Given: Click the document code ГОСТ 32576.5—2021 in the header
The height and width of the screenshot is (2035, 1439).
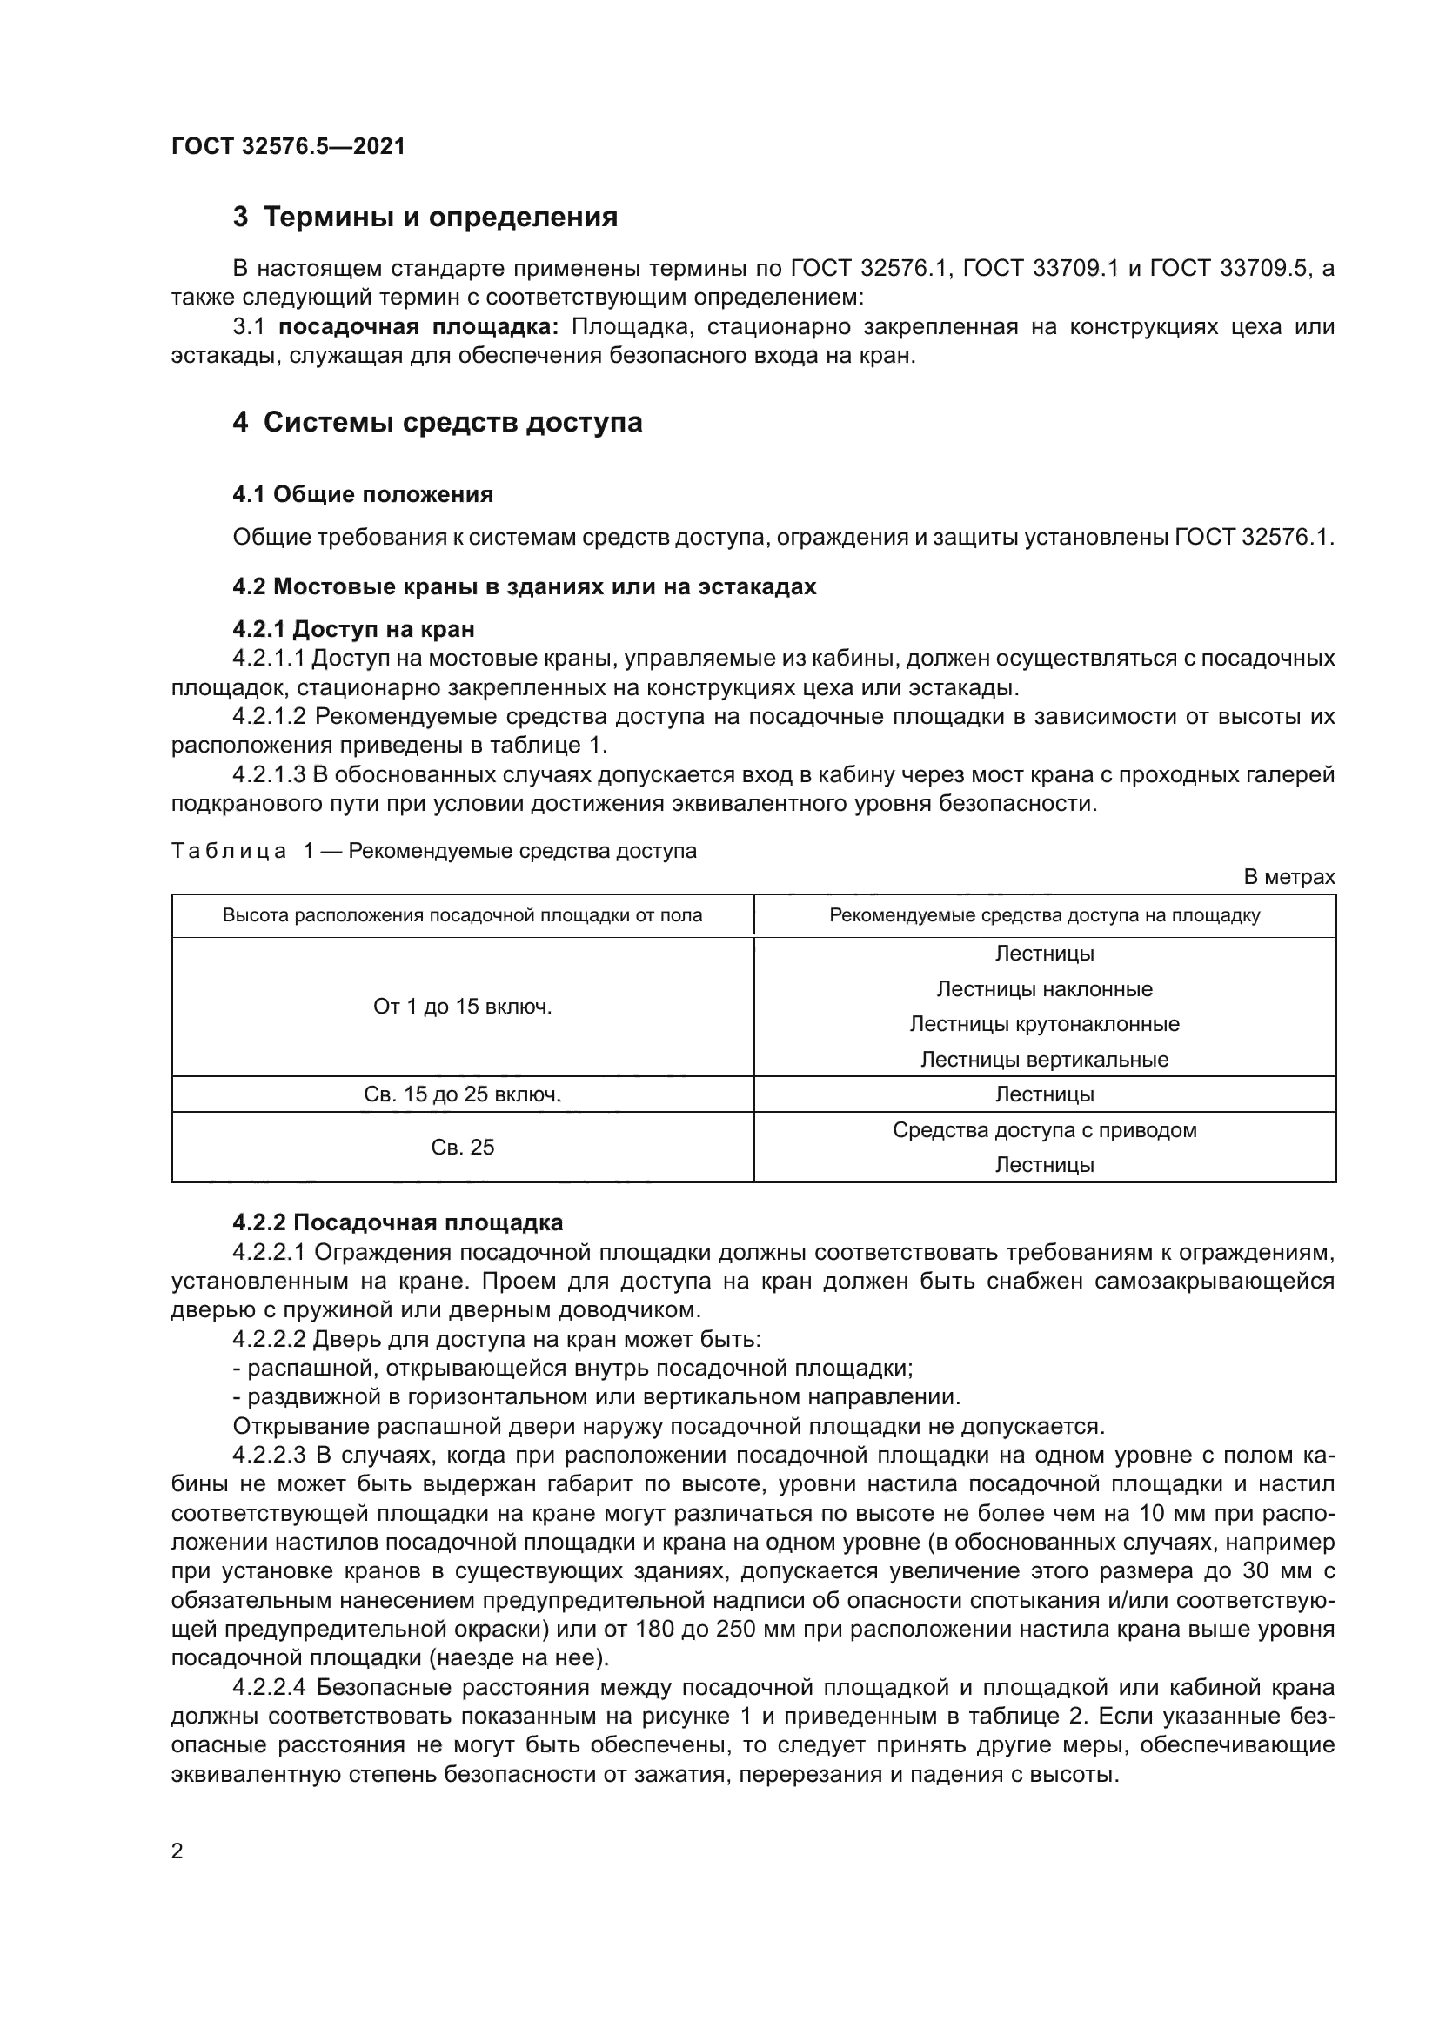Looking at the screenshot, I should click(x=288, y=146).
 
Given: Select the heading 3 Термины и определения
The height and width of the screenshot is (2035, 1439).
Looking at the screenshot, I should click(x=425, y=218).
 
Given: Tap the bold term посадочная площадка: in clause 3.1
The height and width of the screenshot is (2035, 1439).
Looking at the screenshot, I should click(x=418, y=327).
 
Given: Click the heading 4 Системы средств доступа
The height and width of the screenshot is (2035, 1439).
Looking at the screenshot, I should click(x=438, y=422).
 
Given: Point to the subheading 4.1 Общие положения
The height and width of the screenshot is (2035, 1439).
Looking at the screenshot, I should click(x=363, y=494).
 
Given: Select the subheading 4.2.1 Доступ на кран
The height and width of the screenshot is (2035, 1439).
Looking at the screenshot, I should click(x=353, y=629).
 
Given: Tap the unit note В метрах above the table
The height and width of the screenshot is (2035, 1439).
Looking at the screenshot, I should click(x=1288, y=877).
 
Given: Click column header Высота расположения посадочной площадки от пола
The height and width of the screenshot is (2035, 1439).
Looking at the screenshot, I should click(x=462, y=914).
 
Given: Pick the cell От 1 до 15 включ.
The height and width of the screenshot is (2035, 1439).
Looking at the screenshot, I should click(x=462, y=1007).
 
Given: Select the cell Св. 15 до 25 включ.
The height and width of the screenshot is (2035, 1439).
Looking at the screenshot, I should click(x=462, y=1094).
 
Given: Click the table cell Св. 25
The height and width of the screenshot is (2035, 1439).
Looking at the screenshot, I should click(x=462, y=1147).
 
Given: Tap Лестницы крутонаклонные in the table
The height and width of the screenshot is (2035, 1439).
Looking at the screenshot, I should click(x=1044, y=1024).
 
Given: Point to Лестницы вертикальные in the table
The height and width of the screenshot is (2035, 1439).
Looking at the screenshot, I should click(x=1044, y=1059).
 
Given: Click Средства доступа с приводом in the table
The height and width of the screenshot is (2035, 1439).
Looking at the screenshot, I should click(x=1044, y=1130).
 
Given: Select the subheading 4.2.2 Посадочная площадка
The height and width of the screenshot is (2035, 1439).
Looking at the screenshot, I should click(x=397, y=1222).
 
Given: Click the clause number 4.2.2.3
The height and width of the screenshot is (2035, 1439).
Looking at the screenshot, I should click(x=269, y=1456).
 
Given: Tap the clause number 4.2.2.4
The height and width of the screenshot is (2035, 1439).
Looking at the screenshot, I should click(x=269, y=1687).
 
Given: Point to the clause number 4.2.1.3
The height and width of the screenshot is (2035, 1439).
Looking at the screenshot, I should click(x=269, y=774).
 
